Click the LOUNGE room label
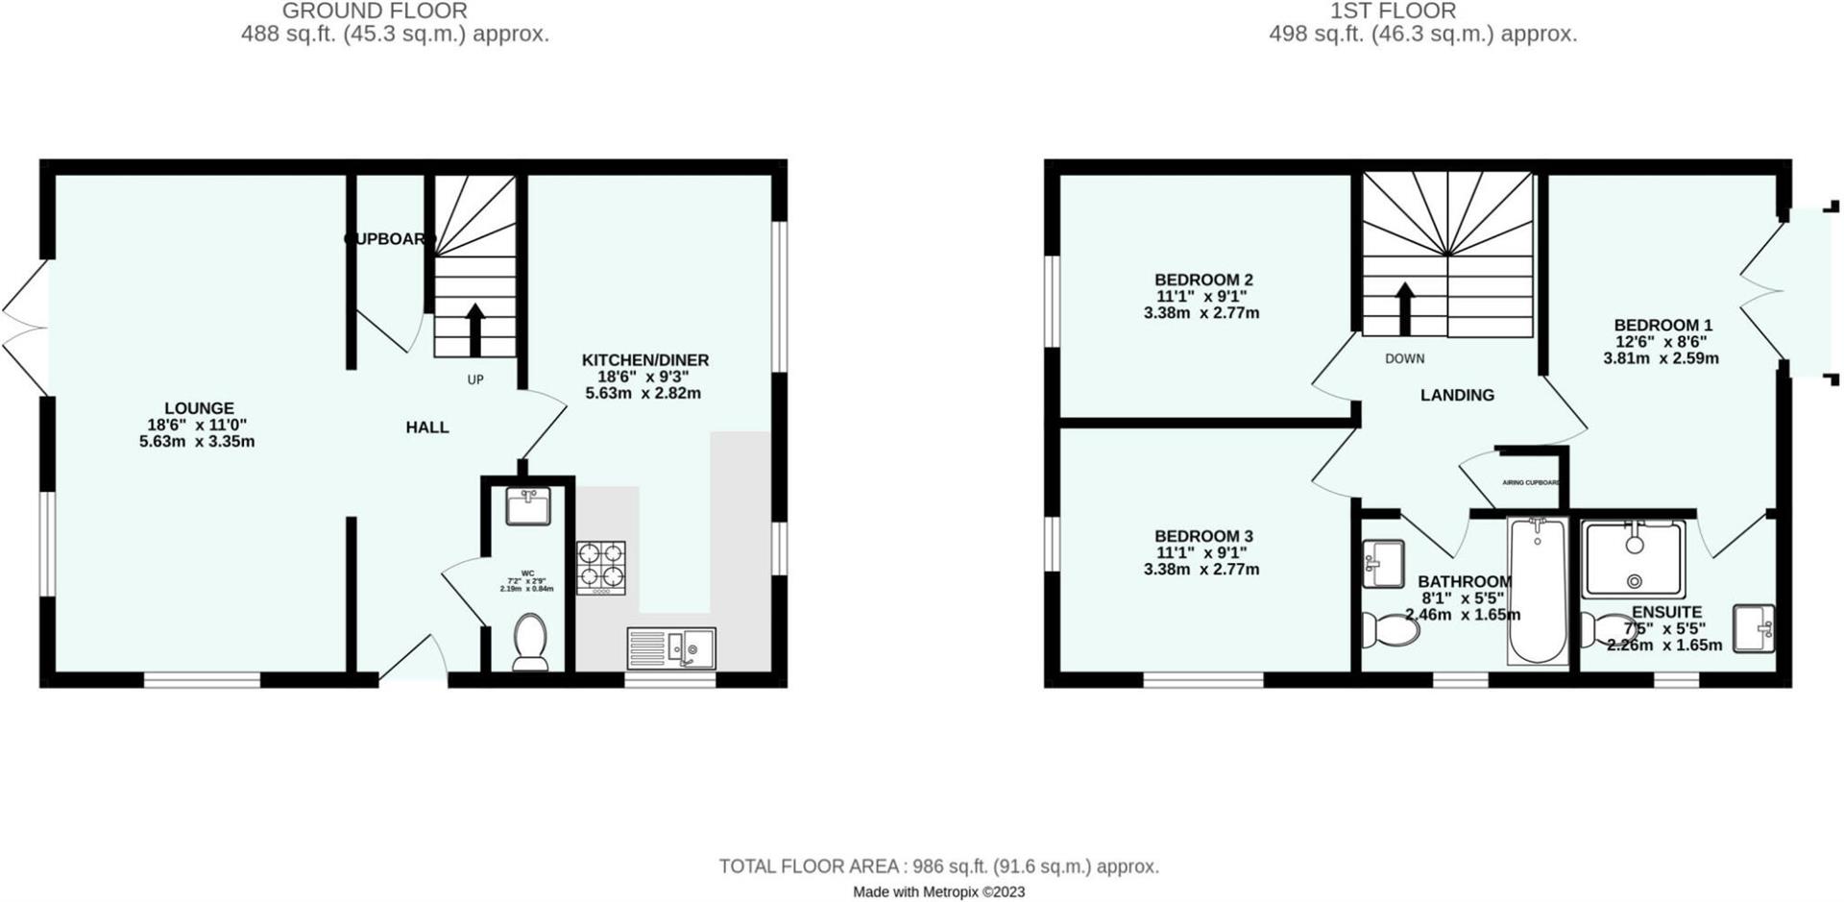tap(199, 408)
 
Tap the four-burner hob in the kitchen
tap(601, 568)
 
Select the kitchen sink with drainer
tap(671, 648)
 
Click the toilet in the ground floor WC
tap(530, 643)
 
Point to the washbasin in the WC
tap(528, 505)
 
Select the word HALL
tap(427, 427)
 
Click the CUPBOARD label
tap(389, 239)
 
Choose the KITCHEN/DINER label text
tap(645, 360)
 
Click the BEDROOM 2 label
tap(1203, 280)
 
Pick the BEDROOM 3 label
tap(1203, 536)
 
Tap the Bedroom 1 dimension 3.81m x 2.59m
tap(1661, 358)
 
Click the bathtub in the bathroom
tap(1538, 591)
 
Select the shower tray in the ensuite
tap(1634, 560)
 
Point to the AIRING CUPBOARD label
tap(1531, 482)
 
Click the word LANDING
tap(1457, 395)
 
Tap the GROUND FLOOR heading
tap(375, 12)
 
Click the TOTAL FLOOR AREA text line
tap(938, 866)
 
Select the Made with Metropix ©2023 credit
tap(938, 891)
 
